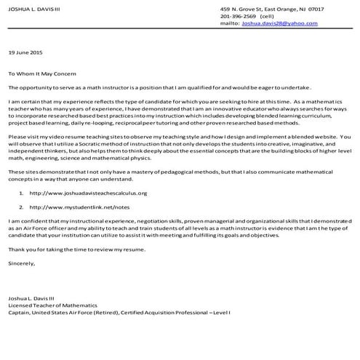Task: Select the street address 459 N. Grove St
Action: tap(243, 9)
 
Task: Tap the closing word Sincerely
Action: tap(20, 263)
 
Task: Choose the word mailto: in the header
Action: tap(230, 23)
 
